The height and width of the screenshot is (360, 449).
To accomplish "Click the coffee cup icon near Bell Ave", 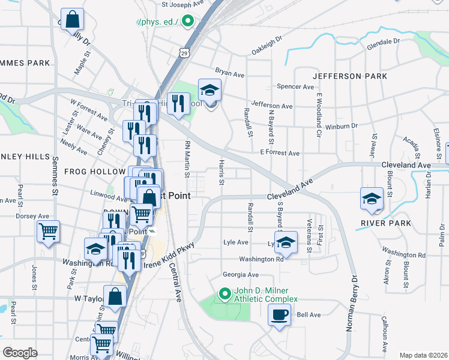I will (280, 314).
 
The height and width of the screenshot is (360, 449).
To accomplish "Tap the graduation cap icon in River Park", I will (372, 199).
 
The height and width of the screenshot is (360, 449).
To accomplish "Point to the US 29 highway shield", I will (181, 53).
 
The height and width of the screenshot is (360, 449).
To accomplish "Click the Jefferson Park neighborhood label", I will (349, 76).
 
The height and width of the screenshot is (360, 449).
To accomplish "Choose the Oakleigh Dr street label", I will (267, 46).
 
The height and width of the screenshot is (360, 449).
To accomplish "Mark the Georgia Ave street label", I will (240, 275).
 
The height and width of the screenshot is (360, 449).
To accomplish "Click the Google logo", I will (20, 353).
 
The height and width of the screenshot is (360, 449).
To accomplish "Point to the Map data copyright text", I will (423, 355).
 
